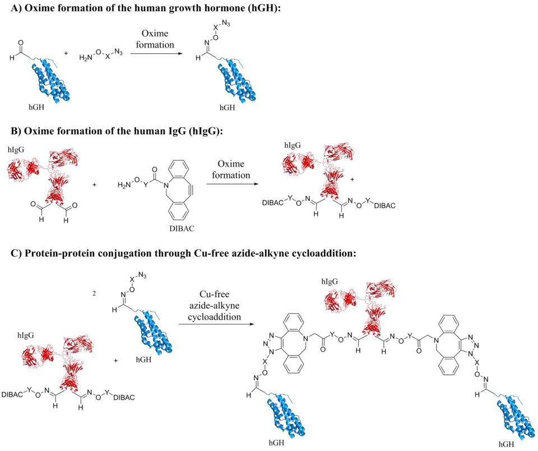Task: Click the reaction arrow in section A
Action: tap(155, 53)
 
